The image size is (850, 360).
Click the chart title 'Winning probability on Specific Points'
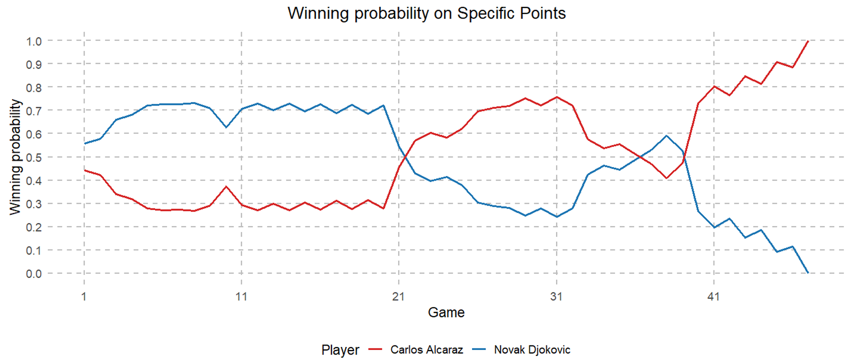426,13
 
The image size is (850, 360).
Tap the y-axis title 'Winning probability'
15,157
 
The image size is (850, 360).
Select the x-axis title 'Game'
446,312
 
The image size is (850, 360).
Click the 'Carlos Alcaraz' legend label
426,350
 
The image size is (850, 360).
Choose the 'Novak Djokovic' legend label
532,350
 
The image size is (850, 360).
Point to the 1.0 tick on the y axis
34,41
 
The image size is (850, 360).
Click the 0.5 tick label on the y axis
34,157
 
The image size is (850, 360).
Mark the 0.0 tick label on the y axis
34,273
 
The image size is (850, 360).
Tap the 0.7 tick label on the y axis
34,110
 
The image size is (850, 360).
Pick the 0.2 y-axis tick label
34,227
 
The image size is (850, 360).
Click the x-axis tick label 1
84,296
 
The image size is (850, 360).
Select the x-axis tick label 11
241,296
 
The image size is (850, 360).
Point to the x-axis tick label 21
398,296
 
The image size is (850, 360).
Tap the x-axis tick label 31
556,296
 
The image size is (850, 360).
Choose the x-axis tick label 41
713,296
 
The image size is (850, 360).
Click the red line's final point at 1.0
808,41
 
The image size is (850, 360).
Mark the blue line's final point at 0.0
808,273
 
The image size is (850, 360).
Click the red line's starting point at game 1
84,170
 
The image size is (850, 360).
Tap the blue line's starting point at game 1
84,143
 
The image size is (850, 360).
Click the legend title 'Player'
340,350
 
